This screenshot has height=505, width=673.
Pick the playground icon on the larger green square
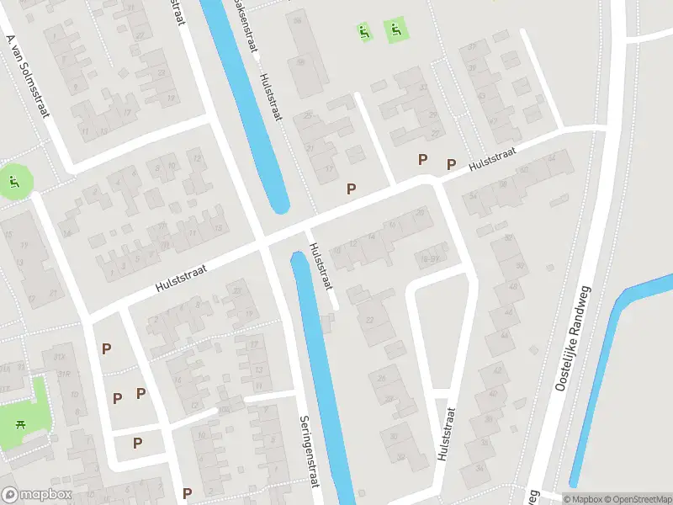[395, 32]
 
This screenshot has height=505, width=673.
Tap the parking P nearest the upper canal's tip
[351, 189]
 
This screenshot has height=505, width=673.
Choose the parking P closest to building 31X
[107, 348]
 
